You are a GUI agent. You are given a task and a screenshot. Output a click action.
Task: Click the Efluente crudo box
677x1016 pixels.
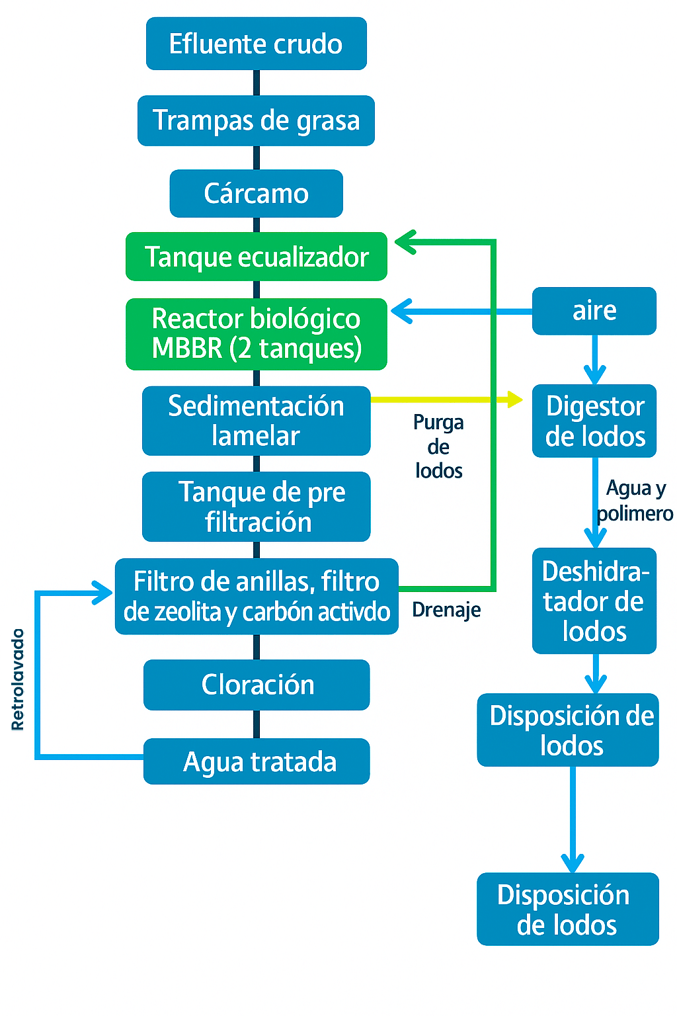[x=256, y=44]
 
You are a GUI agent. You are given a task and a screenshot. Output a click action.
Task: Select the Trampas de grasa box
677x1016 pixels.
[x=256, y=120]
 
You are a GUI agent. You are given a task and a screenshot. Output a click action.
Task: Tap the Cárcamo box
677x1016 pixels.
[x=256, y=194]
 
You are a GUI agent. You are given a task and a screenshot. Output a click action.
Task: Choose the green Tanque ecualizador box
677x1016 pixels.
[x=256, y=257]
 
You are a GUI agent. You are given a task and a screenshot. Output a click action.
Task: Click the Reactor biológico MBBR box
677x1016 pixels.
[x=256, y=334]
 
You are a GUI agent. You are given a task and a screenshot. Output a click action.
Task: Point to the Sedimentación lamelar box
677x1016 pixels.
[x=256, y=421]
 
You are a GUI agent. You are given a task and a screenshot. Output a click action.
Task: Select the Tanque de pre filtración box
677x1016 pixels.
[x=256, y=507]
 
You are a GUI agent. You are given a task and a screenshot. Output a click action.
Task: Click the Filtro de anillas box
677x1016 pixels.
[x=256, y=597]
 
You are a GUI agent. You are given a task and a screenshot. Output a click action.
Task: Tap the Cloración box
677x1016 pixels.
[x=256, y=685]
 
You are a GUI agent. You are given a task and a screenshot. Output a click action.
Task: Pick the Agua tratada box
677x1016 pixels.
[x=256, y=761]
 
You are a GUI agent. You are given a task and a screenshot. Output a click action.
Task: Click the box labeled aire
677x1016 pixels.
[x=594, y=311]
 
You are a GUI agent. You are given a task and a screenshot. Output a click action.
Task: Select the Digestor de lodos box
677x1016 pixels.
[x=594, y=421]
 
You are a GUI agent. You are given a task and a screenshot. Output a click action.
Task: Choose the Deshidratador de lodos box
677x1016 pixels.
[x=594, y=601]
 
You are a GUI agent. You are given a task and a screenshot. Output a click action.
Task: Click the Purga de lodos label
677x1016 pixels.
[x=438, y=446]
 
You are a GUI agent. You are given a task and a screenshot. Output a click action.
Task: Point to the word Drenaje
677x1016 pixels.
[x=446, y=610]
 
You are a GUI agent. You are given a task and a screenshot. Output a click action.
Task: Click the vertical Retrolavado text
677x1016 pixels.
[x=18, y=679]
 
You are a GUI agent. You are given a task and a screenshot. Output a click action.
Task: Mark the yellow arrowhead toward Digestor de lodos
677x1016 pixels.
[x=514, y=399]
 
